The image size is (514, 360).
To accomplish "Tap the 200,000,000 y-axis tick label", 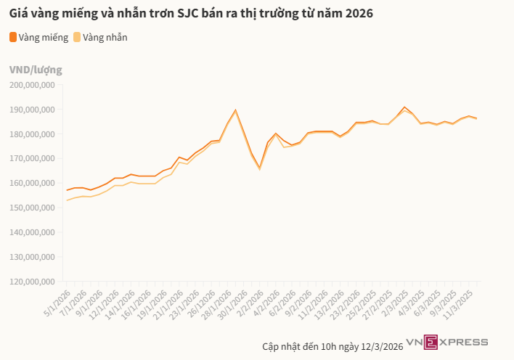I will (x=33, y=85).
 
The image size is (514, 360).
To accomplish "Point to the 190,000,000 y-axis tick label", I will (x=33, y=110).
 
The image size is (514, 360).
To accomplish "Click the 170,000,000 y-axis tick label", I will (x=33, y=158).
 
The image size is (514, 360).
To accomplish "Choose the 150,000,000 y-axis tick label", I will (x=33, y=208).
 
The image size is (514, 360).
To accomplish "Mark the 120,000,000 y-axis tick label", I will (x=33, y=281).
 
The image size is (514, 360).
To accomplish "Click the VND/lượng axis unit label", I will (x=36, y=70).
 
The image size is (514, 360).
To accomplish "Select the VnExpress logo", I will (x=446, y=341).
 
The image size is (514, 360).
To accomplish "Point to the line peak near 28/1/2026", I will (x=235, y=110).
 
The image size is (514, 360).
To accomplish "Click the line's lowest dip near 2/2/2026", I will (x=259, y=168).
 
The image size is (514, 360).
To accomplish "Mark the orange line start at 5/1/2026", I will (x=67, y=190).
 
